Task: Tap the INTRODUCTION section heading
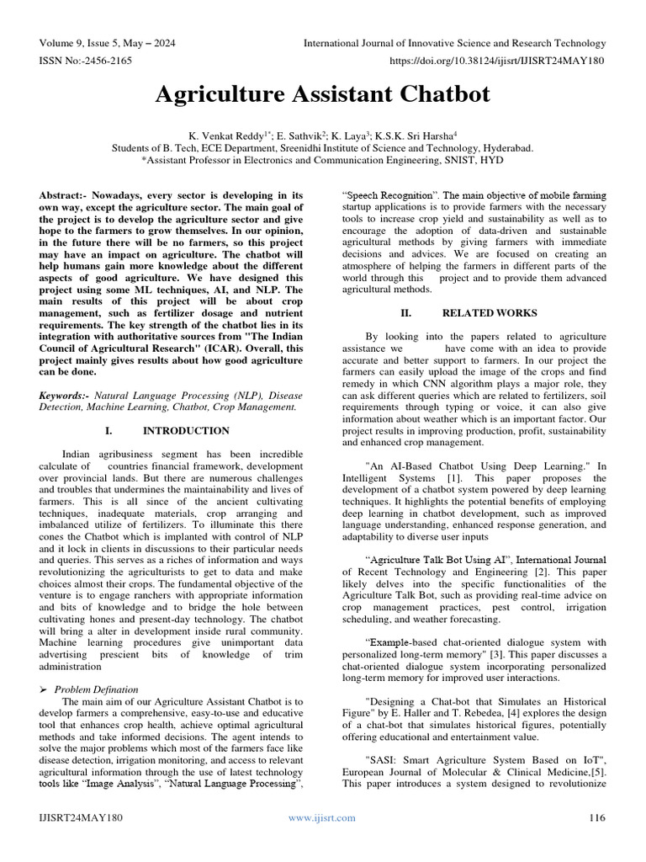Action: pos(186,431)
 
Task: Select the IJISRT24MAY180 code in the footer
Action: pos(82,817)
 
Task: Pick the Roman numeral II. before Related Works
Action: pos(406,313)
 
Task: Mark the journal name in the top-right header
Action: pos(453,43)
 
